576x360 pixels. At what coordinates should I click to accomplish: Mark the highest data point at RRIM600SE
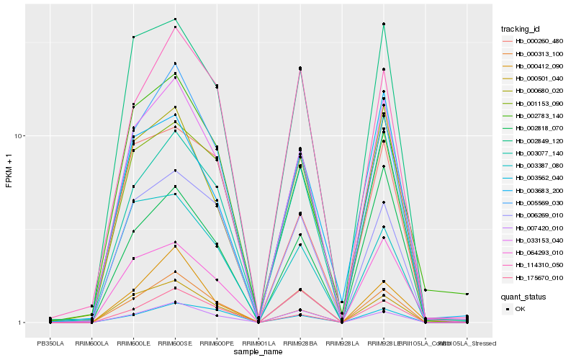176,19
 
